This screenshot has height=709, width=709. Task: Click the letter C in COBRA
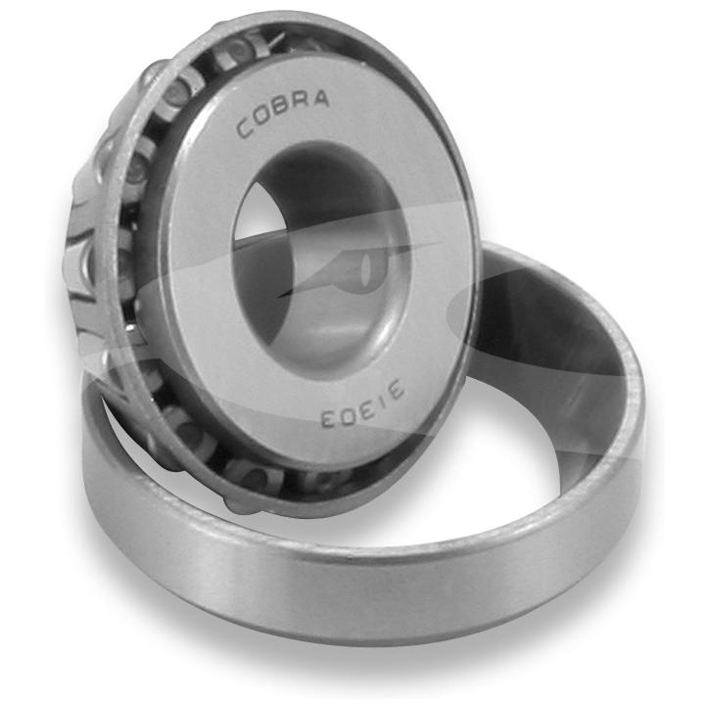coord(245,128)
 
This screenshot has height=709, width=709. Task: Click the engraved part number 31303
coord(361,404)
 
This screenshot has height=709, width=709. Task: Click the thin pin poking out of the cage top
coord(275,40)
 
